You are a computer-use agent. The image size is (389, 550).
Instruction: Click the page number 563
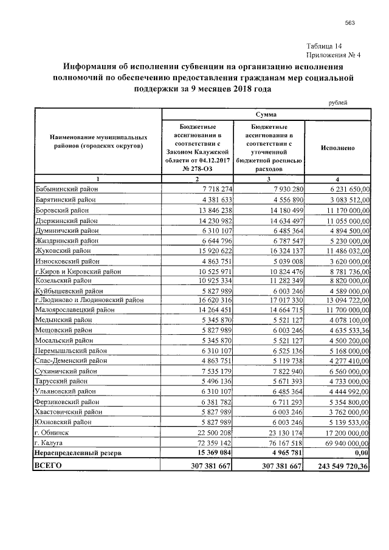click(349, 24)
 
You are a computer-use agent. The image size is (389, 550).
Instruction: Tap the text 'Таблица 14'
click(325, 46)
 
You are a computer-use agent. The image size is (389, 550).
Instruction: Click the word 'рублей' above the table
click(338, 103)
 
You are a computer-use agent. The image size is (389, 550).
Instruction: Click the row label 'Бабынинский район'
click(65, 190)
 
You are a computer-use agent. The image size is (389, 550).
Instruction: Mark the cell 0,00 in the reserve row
click(360, 453)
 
